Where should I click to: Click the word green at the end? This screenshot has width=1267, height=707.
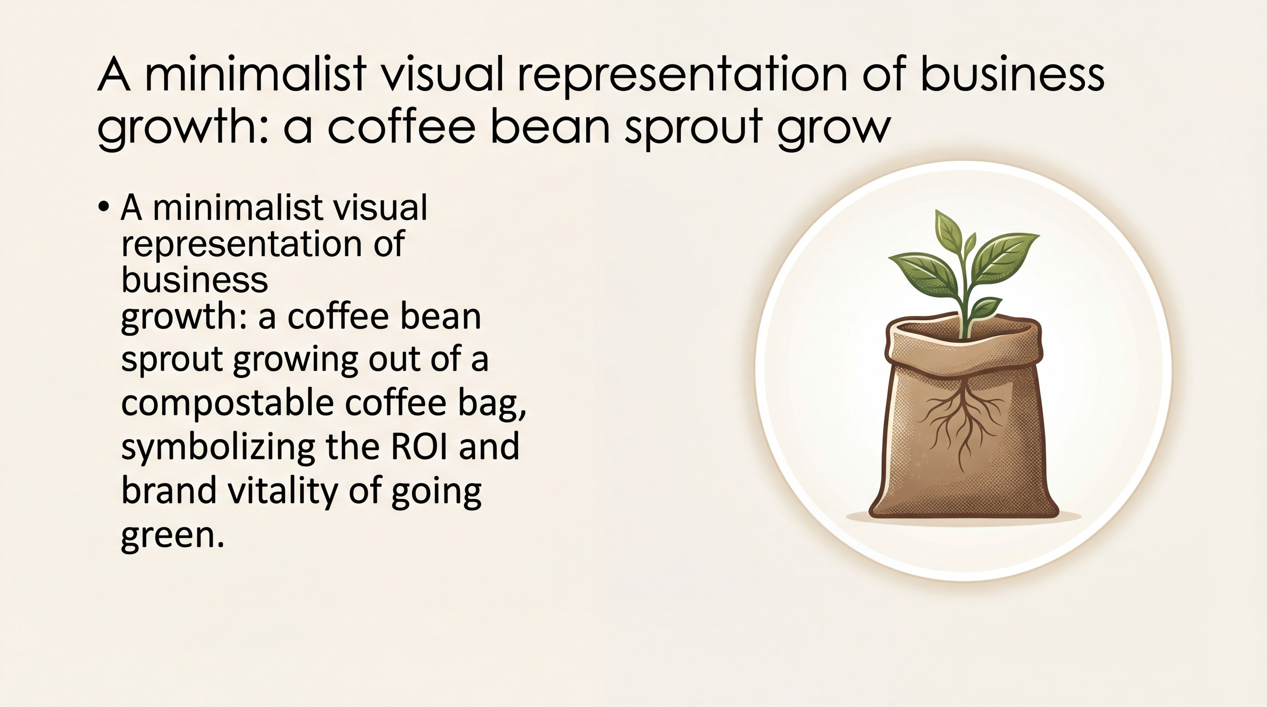pos(168,535)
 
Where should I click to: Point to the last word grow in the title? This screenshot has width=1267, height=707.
pos(834,128)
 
